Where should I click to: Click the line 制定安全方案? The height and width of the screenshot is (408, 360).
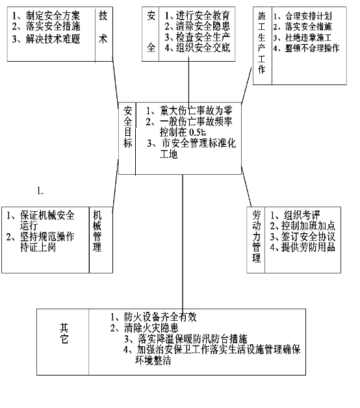click(46, 16)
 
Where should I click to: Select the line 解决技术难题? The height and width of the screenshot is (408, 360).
click(46, 39)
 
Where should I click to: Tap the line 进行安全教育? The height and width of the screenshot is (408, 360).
click(197, 16)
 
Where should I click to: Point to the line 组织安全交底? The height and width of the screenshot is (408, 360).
click(197, 48)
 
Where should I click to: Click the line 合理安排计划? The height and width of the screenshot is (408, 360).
click(302, 16)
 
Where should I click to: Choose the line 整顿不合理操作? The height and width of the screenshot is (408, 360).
click(306, 48)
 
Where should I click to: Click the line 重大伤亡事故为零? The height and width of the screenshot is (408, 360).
click(188, 111)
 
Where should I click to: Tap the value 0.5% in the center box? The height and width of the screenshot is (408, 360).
click(198, 133)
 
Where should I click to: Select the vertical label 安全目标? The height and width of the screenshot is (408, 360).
click(128, 127)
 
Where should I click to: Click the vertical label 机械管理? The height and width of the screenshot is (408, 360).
click(97, 231)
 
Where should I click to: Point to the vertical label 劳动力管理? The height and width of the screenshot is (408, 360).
click(257, 236)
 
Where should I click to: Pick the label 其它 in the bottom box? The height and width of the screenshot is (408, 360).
click(64, 333)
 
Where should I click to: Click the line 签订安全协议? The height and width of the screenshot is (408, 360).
click(302, 236)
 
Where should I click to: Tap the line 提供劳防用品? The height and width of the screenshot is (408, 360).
click(302, 247)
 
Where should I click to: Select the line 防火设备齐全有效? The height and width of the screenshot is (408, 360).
click(153, 317)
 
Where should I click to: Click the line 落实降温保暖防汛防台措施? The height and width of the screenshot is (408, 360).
click(185, 338)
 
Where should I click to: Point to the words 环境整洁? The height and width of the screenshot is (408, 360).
click(153, 361)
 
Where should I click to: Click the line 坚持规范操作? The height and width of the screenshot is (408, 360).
click(40, 236)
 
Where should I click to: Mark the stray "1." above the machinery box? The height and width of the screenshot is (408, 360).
click(40, 191)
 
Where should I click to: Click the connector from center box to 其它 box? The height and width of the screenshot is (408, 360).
click(183, 242)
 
